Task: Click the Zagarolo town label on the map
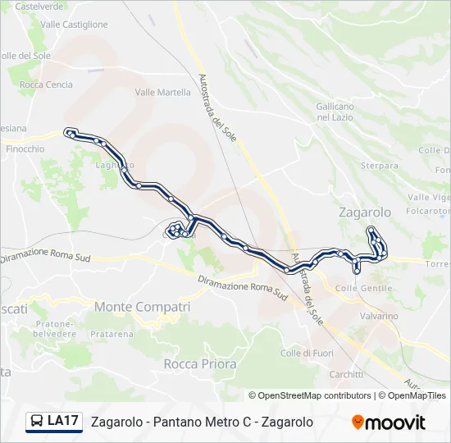[365, 212]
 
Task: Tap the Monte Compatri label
[143, 307]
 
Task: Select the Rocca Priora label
[200, 363]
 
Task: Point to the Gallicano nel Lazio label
[335, 112]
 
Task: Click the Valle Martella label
[162, 93]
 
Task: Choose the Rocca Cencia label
[46, 84]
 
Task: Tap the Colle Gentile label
[364, 289]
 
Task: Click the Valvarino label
[378, 316]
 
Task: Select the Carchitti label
[346, 374]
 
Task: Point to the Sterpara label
[380, 166]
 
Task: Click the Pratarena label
[112, 335]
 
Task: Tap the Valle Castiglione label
[74, 25]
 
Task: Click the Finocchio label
[25, 149]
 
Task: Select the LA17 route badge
[54, 422]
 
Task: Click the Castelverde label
[39, 6]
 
